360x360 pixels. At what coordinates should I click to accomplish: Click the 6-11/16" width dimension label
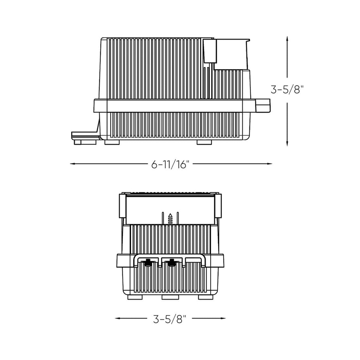[171, 164]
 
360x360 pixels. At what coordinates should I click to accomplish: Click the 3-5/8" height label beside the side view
[287, 89]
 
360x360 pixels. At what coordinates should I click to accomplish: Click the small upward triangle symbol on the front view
[170, 216]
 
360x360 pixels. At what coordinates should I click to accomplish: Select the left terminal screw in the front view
[148, 261]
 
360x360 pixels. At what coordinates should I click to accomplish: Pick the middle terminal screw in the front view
[171, 261]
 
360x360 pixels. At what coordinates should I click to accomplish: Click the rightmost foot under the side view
[204, 142]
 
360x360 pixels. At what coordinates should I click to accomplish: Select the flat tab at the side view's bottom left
[84, 134]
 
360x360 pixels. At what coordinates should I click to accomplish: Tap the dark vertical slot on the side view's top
[207, 51]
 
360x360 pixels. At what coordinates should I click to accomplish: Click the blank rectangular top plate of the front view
[170, 206]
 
